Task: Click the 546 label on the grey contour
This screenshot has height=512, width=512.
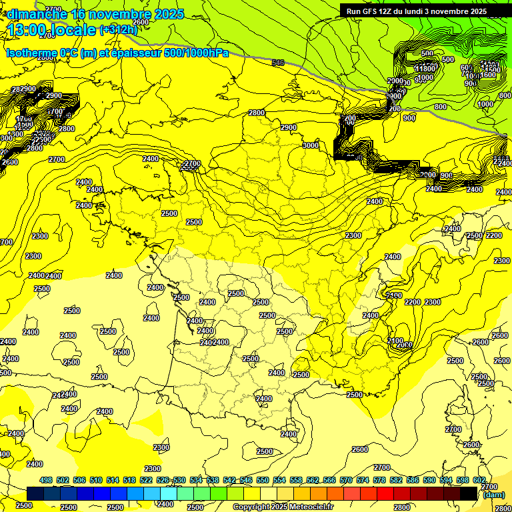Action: point(278,63)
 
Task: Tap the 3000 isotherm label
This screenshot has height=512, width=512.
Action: point(311,145)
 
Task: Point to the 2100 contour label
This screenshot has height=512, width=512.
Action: point(395,341)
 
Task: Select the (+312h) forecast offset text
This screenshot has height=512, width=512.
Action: point(118,29)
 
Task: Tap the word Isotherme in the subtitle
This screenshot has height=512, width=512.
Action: point(31,53)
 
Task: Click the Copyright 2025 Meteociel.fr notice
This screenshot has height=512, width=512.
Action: point(283,507)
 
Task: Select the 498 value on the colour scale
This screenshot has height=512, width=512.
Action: point(46,480)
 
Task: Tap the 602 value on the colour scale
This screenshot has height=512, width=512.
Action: point(479,480)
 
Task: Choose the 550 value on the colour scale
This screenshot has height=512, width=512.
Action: point(263,480)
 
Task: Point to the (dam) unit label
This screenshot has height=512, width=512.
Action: point(493,495)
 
